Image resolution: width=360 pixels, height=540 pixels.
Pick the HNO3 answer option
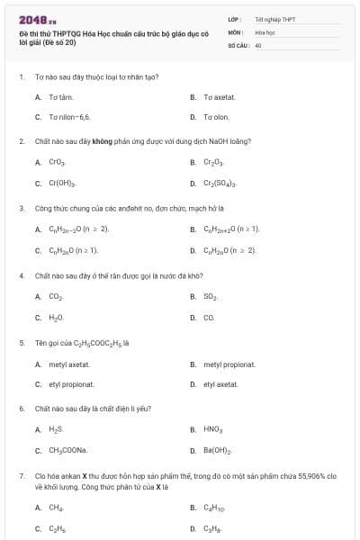tap(213, 429)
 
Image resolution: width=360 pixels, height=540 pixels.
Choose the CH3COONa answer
tap(67, 450)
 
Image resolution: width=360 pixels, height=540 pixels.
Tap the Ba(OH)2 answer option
tap(218, 450)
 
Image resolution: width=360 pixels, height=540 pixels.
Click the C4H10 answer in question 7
tap(214, 508)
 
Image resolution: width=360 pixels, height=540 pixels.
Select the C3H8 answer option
tap(212, 529)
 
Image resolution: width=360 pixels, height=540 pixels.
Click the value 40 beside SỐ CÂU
tap(258, 44)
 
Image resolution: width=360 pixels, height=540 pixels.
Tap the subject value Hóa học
tap(265, 31)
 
